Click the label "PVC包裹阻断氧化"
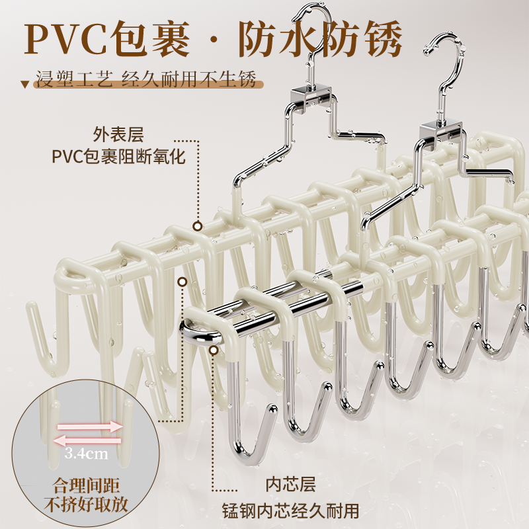[x=118, y=157]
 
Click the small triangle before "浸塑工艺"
[x=25, y=85]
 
